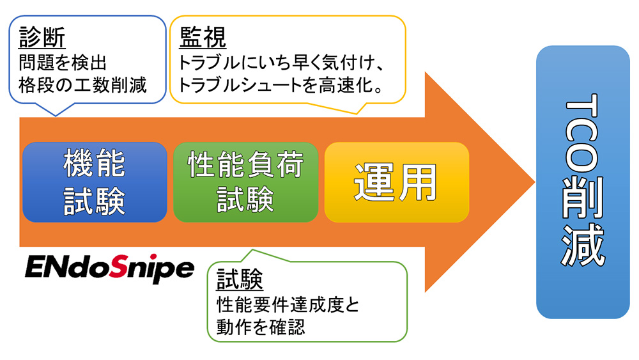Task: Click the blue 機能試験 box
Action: pos(95,182)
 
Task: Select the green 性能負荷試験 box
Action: pos(245,182)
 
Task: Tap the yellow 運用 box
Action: pos(396,182)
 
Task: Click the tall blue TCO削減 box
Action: pos(583,182)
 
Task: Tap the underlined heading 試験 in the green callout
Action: pos(240,279)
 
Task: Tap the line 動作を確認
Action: pos(261,327)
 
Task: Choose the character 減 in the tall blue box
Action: pos(583,246)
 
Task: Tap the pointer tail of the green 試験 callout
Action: pos(238,254)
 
